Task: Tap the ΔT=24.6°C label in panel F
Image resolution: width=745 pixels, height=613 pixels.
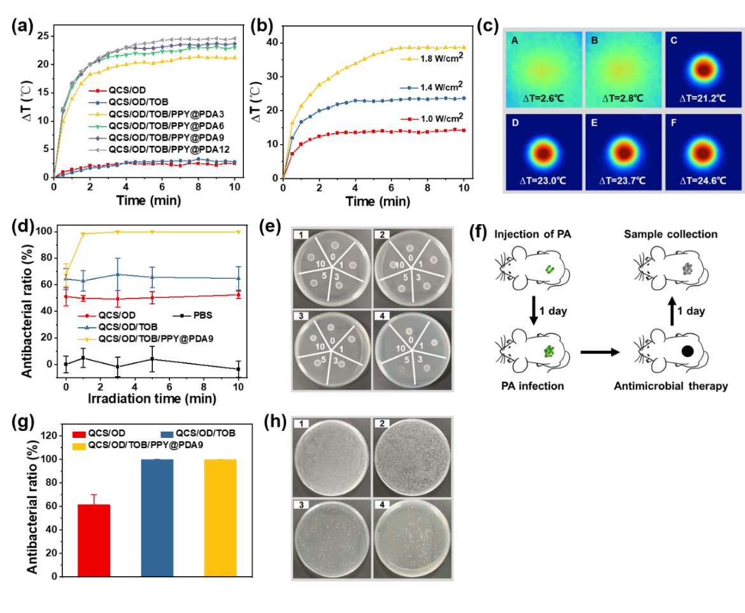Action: tap(703, 181)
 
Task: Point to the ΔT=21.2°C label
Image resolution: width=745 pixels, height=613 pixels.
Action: tap(703, 99)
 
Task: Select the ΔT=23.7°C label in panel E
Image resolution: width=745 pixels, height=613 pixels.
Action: tap(623, 181)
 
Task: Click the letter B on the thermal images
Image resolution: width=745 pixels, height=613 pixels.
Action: tap(594, 41)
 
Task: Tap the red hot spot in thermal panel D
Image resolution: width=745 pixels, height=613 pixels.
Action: tap(543, 151)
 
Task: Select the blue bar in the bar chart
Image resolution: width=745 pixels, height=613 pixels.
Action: tap(157, 517)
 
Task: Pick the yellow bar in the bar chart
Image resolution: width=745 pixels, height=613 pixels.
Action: tap(220, 517)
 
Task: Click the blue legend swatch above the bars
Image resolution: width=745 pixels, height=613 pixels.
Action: tap(167, 434)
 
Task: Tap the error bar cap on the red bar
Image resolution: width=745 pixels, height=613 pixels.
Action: tap(94, 494)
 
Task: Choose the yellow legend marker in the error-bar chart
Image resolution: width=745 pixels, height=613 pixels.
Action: tap(87, 340)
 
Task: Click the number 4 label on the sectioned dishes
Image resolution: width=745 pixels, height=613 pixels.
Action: tap(380, 317)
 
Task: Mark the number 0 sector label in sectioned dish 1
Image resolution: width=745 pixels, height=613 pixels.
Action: tap(332, 257)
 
